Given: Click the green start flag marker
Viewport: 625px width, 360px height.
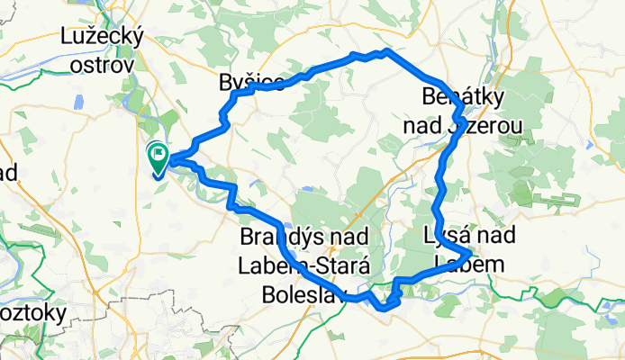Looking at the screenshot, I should tap(158, 158).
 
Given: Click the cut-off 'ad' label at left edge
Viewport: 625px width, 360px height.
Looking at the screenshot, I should tap(8, 173).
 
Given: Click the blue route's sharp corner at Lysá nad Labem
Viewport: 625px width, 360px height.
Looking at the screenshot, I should tap(471, 255).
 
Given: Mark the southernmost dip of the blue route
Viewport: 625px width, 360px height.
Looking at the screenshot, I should tap(385, 308).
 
